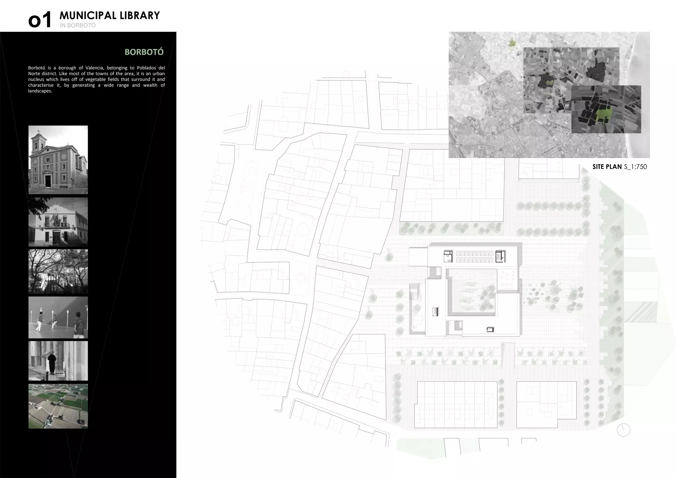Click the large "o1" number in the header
(x=40, y=20)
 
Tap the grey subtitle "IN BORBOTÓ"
(x=78, y=25)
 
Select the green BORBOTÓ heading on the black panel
(x=144, y=52)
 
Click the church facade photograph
(x=58, y=159)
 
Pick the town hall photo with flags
(x=58, y=222)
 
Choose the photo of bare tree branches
(x=58, y=271)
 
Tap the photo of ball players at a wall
(x=58, y=317)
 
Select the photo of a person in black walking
(x=58, y=360)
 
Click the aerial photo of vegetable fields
(x=58, y=406)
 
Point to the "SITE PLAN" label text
(x=607, y=167)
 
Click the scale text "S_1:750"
(x=635, y=167)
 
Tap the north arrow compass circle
(x=623, y=430)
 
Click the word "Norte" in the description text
(x=35, y=74)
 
